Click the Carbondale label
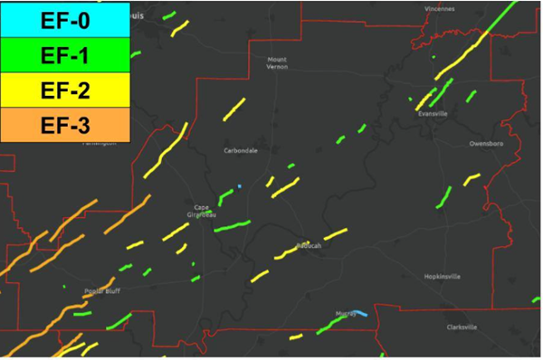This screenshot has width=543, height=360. tap(241, 150)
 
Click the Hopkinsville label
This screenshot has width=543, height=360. tap(442, 276)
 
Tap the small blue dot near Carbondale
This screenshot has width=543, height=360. tap(240, 186)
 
